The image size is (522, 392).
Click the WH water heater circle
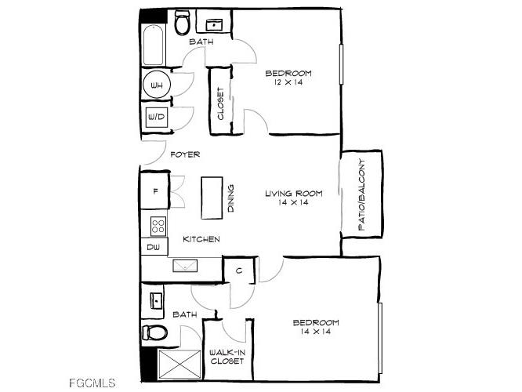click(x=157, y=85)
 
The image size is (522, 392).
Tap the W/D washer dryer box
click(x=155, y=118)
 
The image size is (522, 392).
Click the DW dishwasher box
click(x=153, y=248)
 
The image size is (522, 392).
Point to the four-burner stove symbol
click(x=158, y=226)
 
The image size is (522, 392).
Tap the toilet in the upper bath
click(x=183, y=24)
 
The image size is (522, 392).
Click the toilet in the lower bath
click(x=156, y=332)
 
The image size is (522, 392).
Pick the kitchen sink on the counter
click(x=186, y=266)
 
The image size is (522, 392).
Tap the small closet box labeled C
click(x=237, y=272)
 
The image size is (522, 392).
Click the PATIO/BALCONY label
click(x=362, y=194)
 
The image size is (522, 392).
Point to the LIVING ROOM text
click(x=286, y=193)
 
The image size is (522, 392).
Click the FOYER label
click(x=185, y=154)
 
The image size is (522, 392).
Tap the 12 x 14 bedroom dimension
click(x=287, y=82)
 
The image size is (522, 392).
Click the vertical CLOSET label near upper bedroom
click(x=219, y=103)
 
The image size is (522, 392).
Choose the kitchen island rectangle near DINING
click(x=212, y=198)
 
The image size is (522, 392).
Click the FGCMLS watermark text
click(x=93, y=383)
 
